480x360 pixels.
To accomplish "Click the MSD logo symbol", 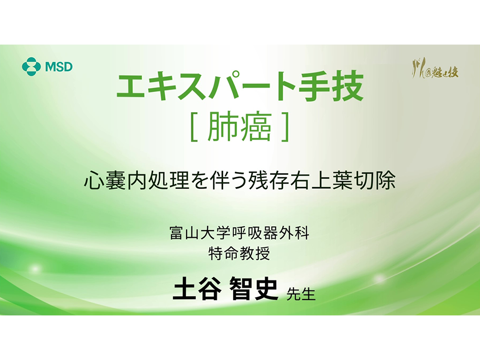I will pos(31,66).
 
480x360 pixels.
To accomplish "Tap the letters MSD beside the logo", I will pos(59,67).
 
